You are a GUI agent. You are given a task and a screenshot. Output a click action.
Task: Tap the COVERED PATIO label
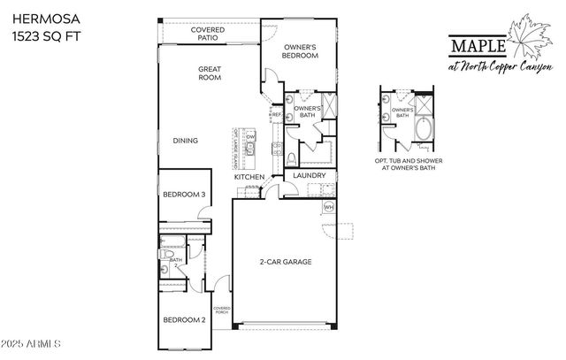(x=209, y=34)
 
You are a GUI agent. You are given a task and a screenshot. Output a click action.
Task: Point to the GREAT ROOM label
(x=209, y=74)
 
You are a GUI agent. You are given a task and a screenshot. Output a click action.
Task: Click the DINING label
(x=185, y=141)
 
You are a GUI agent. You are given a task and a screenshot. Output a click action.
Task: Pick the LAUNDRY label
(x=310, y=176)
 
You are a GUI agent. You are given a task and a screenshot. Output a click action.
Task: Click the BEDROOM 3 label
(x=184, y=195)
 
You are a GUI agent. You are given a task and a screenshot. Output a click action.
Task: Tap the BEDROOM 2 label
(x=184, y=319)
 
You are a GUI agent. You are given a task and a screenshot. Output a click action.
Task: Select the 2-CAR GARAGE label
(x=285, y=263)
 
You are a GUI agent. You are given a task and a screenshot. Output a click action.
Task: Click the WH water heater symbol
(x=329, y=207)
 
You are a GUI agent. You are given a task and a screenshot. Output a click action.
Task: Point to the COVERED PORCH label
(x=221, y=310)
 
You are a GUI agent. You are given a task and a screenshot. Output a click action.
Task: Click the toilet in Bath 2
(x=167, y=256)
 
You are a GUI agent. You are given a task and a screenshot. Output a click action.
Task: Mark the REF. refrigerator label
(x=277, y=114)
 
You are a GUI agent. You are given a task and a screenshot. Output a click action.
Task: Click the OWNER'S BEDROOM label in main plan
(x=300, y=50)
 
